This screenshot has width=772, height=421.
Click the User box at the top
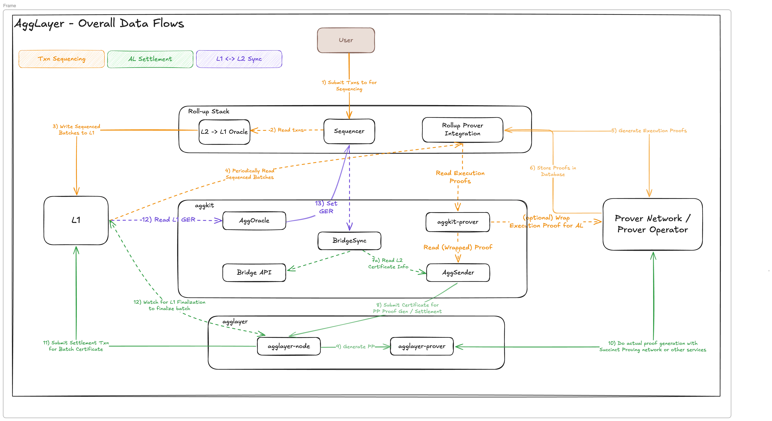(x=346, y=40)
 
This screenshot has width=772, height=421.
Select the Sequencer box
(x=349, y=131)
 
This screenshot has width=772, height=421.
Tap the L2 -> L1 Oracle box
(x=224, y=132)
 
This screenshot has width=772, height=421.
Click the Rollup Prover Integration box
(x=462, y=130)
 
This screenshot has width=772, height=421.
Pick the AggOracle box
(x=254, y=221)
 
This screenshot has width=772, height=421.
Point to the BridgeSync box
(x=349, y=241)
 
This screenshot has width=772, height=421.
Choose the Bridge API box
(x=254, y=272)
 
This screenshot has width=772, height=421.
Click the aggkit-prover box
(x=458, y=222)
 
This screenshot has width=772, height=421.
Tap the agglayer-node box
(x=289, y=346)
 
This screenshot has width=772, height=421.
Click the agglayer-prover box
(x=422, y=346)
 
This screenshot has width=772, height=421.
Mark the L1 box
(x=76, y=220)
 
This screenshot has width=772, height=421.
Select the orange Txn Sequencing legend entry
(x=61, y=59)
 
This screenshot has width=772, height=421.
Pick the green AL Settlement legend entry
(x=150, y=59)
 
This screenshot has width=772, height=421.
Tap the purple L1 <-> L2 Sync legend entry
(x=239, y=59)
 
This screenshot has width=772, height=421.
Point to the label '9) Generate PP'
(x=355, y=347)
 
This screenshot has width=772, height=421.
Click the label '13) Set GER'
(x=326, y=207)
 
